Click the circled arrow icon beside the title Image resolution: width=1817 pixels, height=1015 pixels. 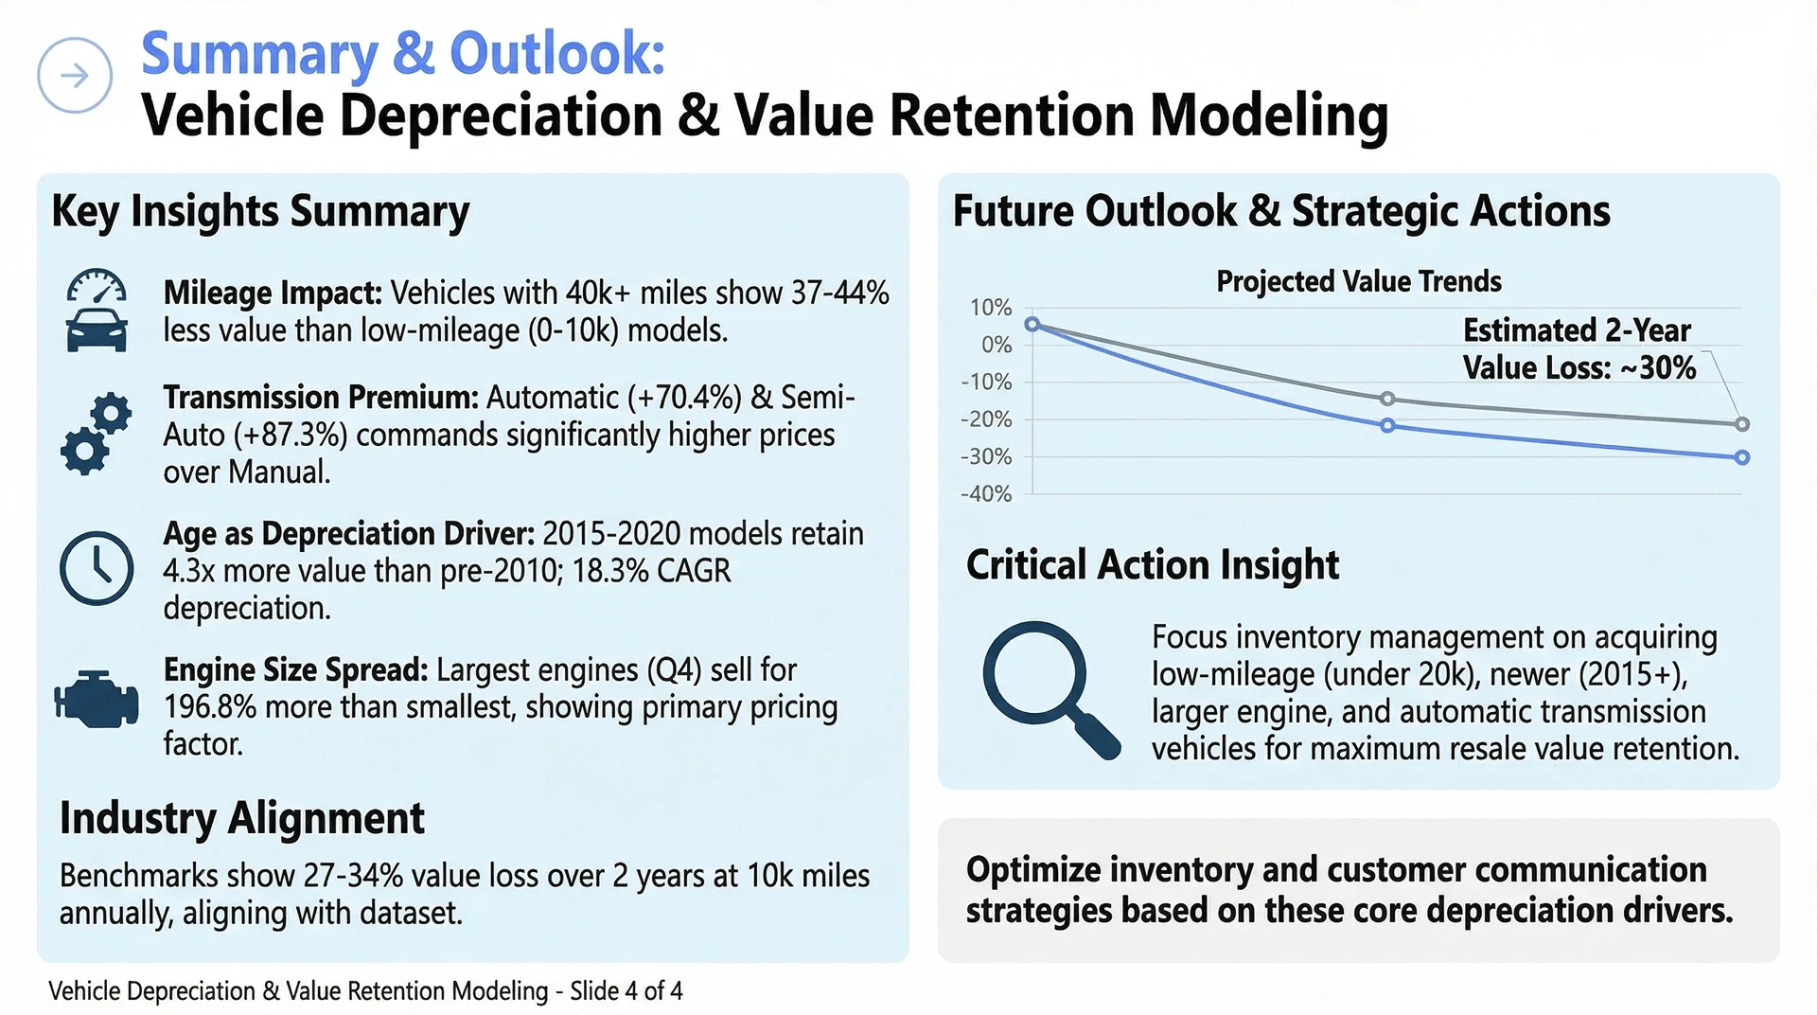tap(75, 76)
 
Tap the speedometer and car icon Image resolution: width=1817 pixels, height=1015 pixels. tap(97, 311)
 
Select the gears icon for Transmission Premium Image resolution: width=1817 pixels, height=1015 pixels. tap(97, 434)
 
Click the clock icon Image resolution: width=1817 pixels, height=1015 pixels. tap(97, 568)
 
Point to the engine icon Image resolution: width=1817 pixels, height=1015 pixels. tap(97, 700)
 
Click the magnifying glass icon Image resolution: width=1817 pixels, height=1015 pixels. tap(1051, 689)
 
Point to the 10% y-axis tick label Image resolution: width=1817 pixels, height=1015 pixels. tap(991, 308)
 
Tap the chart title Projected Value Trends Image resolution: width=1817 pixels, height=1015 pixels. tap(1359, 281)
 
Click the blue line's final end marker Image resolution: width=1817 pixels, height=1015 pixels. tap(1742, 457)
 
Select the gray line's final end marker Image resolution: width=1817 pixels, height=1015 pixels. tap(1742, 424)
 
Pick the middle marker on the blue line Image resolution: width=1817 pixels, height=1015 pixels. tap(1387, 426)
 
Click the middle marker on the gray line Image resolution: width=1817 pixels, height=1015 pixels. tap(1387, 399)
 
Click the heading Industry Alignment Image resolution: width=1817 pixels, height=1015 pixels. tap(242, 818)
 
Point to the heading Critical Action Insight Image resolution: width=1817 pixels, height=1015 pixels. tap(1153, 565)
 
